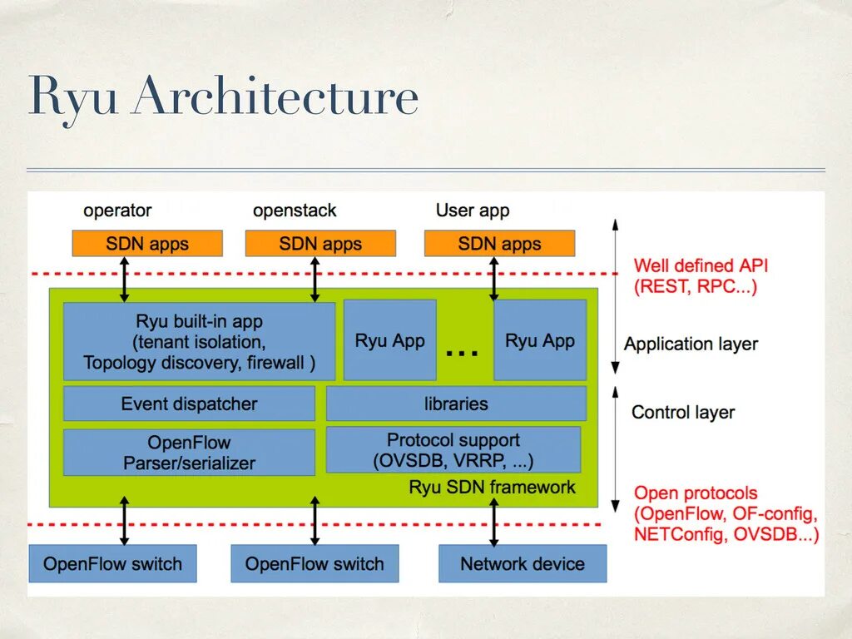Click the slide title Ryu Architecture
pos(223,97)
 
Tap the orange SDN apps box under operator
pos(147,244)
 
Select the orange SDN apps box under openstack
pos(320,244)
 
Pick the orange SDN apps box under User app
pos(499,244)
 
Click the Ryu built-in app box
pos(199,341)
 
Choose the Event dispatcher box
pos(189,404)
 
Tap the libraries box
pos(456,404)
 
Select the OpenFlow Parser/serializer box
pos(189,453)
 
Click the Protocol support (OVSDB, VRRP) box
pos(453,450)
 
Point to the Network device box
pos(523,563)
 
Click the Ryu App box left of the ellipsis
pos(389,340)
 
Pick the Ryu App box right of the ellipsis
pos(540,340)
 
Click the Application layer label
pos(691,344)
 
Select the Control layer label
pos(683,412)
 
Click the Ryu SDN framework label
pos(492,488)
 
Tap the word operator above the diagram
pos(117,211)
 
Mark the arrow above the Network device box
pos(493,522)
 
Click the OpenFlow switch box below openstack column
pos(315,563)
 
